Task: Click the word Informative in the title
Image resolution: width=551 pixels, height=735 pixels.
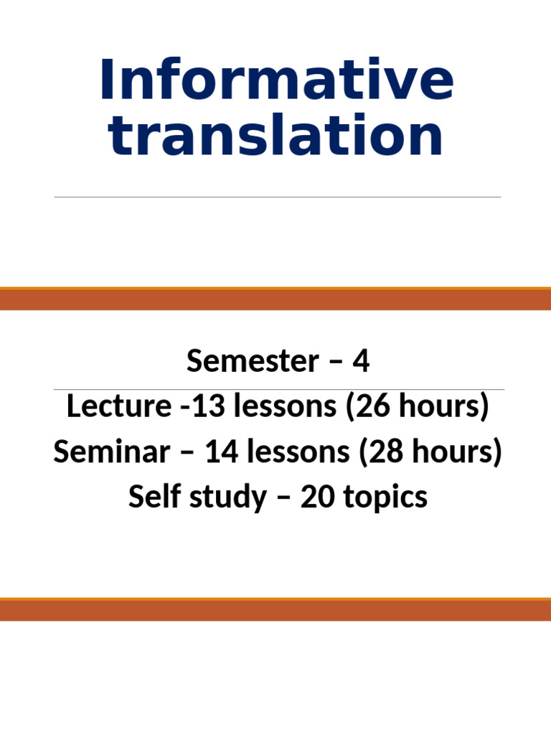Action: (x=276, y=79)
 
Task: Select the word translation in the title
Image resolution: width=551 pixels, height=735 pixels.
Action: (x=275, y=134)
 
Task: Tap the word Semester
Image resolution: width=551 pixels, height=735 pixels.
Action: (x=253, y=361)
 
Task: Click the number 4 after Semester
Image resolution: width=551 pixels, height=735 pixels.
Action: (x=361, y=361)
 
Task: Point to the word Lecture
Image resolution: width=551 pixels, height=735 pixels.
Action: (x=119, y=406)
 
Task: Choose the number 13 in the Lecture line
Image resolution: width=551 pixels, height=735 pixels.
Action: (x=209, y=406)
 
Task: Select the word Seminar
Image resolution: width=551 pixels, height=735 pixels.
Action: (x=111, y=451)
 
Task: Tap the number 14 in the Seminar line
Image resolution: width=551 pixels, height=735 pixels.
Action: (x=222, y=451)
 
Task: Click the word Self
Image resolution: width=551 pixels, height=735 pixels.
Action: (x=155, y=497)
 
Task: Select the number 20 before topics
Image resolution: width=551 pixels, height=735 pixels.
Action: (x=318, y=497)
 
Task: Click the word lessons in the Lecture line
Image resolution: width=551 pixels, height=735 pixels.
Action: (x=285, y=406)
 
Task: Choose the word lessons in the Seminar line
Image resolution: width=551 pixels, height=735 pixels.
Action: (x=298, y=451)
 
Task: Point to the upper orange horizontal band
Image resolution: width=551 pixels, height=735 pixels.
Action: (x=275, y=299)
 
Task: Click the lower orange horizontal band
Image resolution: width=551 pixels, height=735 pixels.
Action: (x=275, y=609)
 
